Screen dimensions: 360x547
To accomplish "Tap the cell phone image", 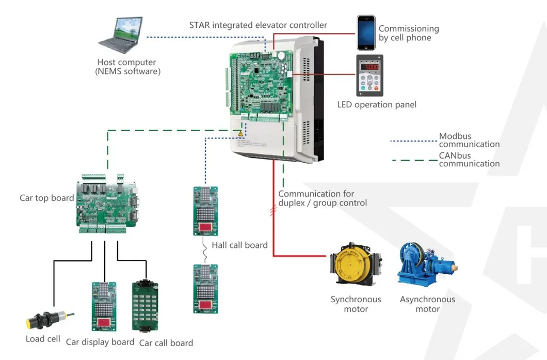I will [366, 33].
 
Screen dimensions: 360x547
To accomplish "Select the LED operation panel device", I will [369, 75].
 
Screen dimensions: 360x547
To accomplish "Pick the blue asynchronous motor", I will [426, 263].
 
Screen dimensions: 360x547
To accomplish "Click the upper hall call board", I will [205, 211].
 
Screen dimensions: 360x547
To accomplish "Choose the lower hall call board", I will [205, 289].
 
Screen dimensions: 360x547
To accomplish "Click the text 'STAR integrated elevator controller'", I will [258, 25].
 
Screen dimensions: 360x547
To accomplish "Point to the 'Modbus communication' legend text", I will [469, 140].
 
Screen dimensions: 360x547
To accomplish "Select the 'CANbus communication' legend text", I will [469, 159].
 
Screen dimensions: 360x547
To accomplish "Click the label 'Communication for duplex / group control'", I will [322, 198].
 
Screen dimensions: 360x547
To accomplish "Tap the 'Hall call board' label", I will [239, 245].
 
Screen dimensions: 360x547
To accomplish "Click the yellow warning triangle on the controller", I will [240, 133].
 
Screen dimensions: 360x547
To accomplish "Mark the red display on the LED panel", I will [369, 67].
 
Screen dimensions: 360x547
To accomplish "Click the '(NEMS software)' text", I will [127, 72].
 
